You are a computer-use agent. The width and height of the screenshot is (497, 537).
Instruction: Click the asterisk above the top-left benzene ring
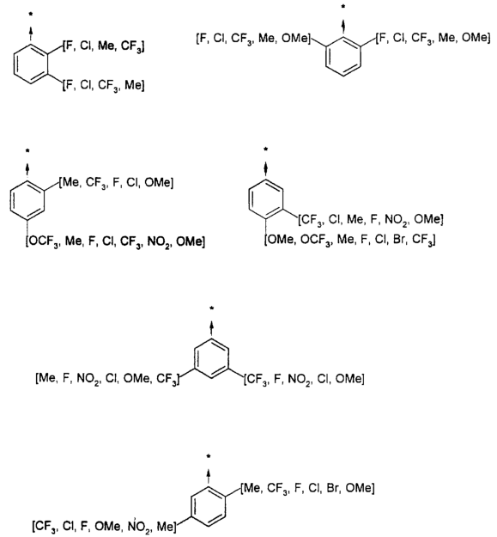(31, 14)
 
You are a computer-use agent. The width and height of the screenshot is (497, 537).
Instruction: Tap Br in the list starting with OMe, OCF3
(399, 239)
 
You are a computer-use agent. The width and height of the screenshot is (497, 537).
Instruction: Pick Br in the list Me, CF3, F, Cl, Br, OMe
(332, 488)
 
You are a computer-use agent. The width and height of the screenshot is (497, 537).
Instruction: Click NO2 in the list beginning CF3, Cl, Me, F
(397, 220)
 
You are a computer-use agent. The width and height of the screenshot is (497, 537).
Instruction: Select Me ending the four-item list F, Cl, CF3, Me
(133, 84)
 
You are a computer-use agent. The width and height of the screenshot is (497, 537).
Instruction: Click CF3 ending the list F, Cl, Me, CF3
(131, 46)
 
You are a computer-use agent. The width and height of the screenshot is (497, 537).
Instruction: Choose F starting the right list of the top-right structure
(381, 38)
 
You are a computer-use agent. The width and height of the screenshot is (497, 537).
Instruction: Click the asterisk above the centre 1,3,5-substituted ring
(212, 308)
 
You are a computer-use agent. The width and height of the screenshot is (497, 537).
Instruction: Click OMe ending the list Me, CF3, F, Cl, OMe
(158, 182)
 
